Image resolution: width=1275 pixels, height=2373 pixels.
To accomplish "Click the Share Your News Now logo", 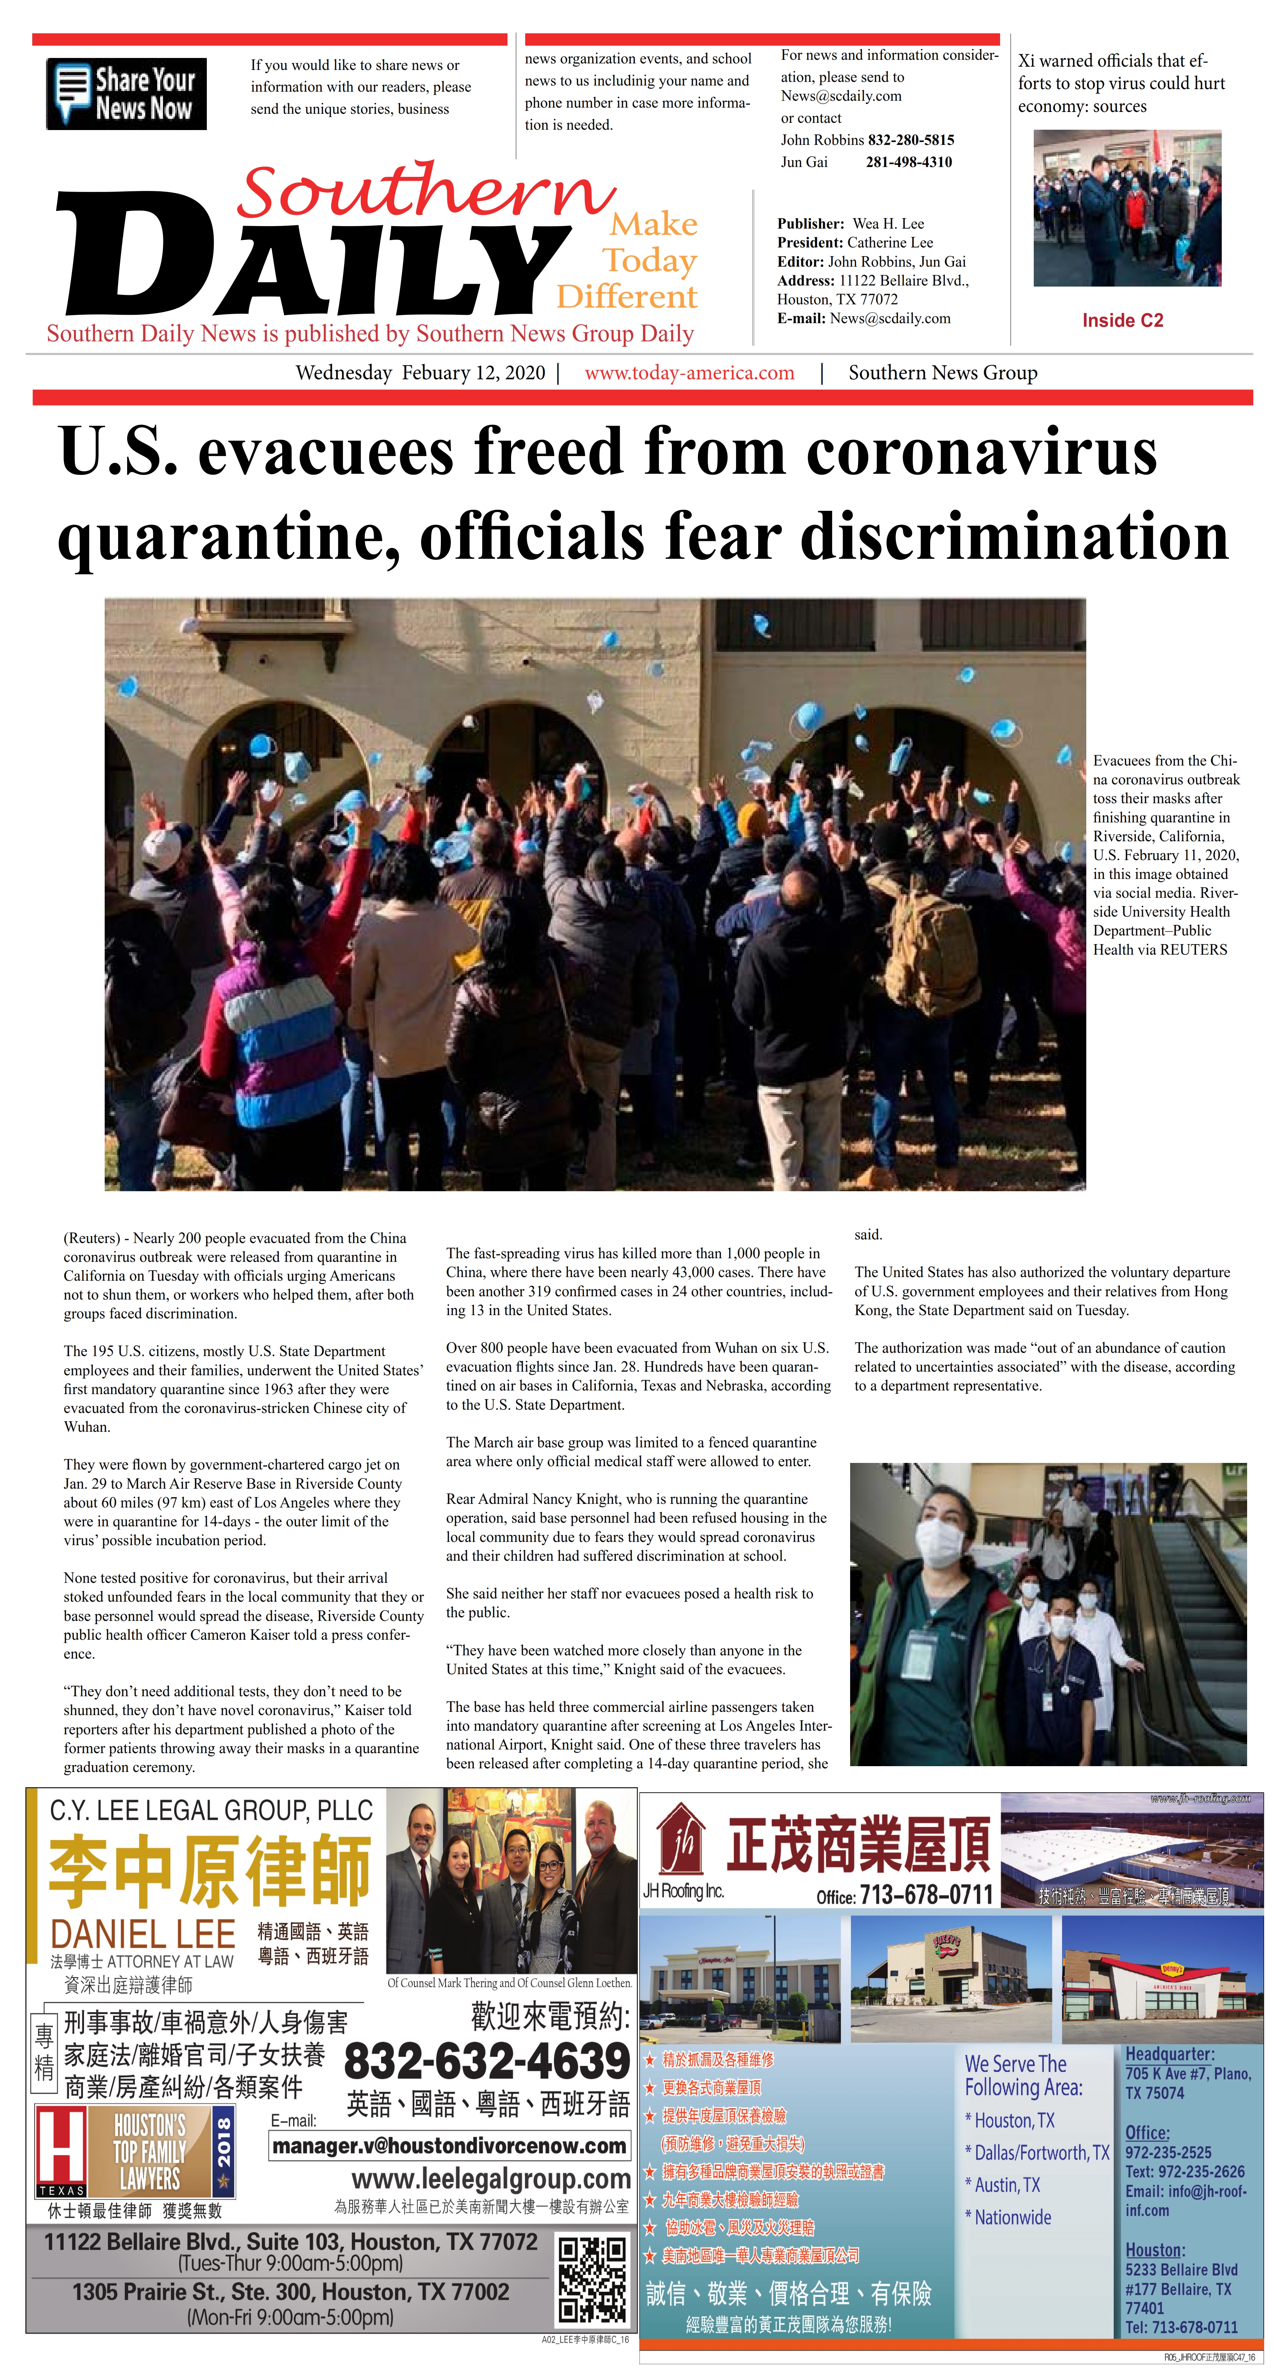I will coord(126,94).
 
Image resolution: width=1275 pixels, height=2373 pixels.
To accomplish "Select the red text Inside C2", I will coord(1122,321).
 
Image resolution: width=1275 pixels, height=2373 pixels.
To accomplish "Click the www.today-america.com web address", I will coord(689,373).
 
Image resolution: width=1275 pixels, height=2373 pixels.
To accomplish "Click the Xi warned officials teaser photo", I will coord(1127,208).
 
